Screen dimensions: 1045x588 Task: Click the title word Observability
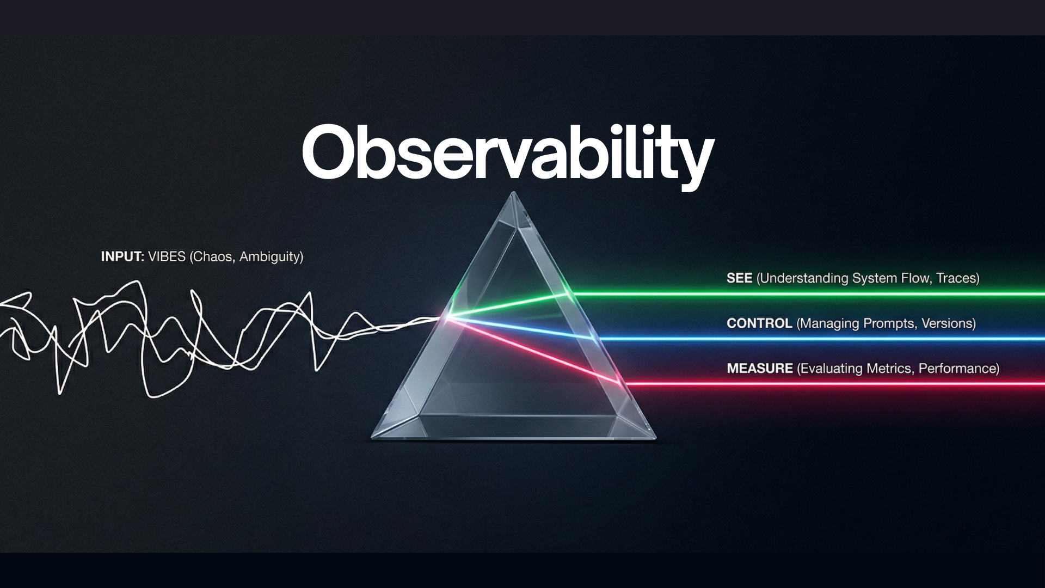(x=508, y=153)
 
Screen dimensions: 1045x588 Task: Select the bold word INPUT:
(x=122, y=256)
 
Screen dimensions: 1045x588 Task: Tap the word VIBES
(x=167, y=256)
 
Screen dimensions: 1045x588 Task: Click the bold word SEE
(x=739, y=278)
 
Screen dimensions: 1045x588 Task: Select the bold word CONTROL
(x=759, y=323)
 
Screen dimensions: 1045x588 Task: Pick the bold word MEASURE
(x=760, y=369)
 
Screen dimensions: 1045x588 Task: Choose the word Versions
(x=946, y=323)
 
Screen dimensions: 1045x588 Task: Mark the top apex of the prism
(x=513, y=192)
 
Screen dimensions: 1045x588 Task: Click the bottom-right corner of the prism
(x=656, y=437)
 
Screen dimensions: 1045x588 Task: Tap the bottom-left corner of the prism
(x=372, y=437)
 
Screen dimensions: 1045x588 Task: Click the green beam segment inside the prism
(x=508, y=305)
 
